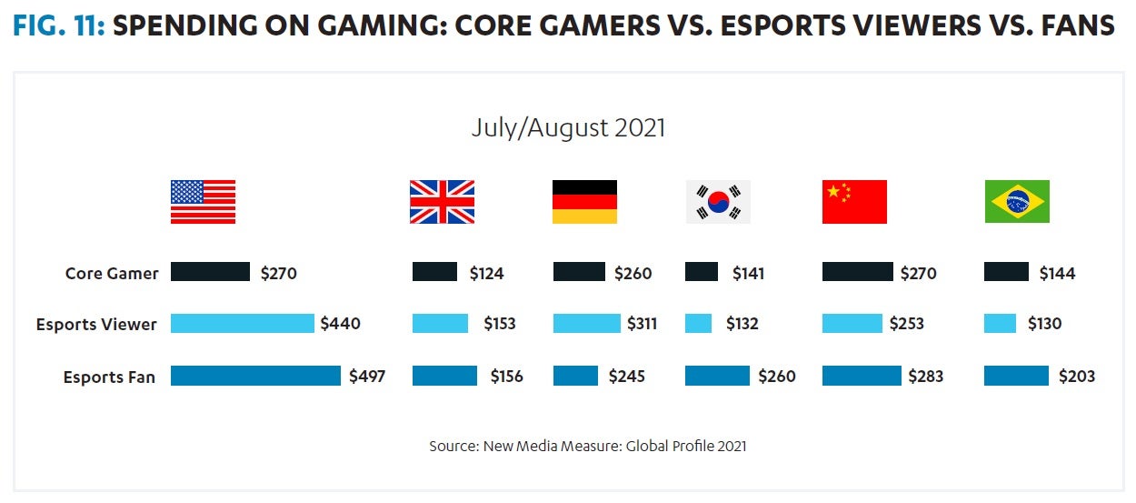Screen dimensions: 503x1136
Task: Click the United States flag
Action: (203, 201)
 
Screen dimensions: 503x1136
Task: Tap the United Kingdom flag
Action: (442, 201)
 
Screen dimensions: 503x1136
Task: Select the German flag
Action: (584, 201)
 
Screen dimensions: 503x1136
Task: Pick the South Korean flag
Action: (718, 201)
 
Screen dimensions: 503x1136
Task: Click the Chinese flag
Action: (854, 201)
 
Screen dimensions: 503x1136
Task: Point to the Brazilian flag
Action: (1017, 201)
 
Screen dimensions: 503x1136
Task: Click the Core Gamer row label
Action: (112, 273)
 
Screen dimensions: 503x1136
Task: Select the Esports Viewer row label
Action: (96, 325)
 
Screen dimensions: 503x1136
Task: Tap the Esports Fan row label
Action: (109, 377)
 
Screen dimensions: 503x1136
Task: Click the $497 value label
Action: (367, 377)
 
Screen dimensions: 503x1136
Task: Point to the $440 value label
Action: (340, 324)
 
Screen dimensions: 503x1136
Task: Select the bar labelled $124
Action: (434, 272)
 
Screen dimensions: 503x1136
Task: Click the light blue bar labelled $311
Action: (586, 324)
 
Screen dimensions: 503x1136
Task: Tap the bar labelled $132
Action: (698, 324)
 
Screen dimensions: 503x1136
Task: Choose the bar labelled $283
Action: (862, 376)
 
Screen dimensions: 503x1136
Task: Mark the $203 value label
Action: (1077, 377)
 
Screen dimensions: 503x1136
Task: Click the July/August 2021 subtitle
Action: (568, 127)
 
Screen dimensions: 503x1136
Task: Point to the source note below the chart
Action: (588, 447)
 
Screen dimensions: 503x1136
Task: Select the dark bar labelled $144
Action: (1006, 272)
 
